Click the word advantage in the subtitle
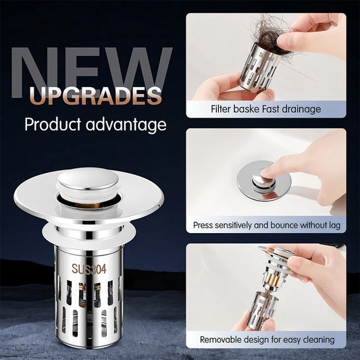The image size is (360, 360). (128, 125)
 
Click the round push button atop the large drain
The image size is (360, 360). (87, 180)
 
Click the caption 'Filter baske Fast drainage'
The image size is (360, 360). (266, 109)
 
